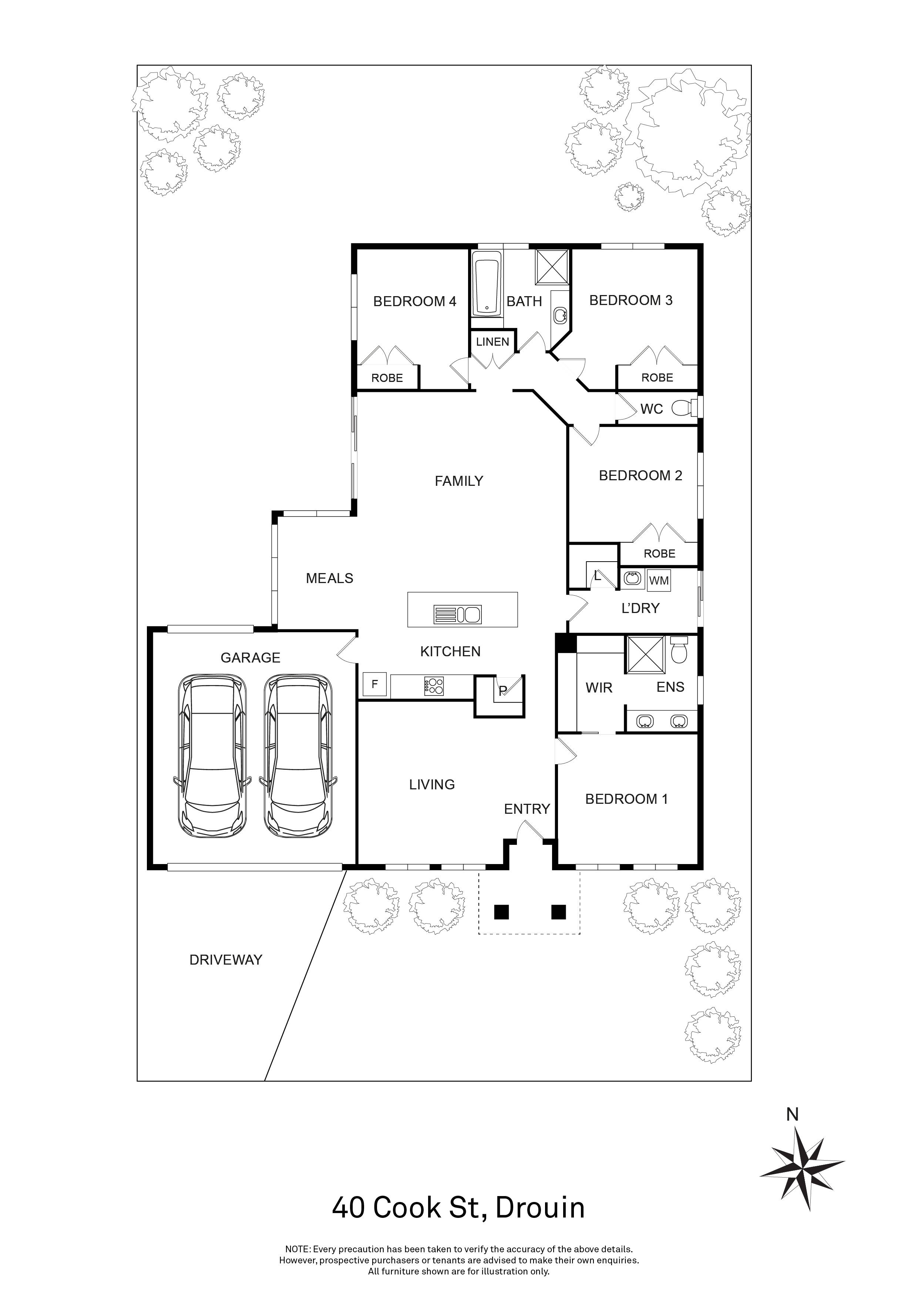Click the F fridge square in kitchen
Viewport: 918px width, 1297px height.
click(374, 684)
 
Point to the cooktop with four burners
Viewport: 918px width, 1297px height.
click(434, 686)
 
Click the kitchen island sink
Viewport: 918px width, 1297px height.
click(457, 614)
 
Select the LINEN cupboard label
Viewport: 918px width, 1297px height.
click(492, 342)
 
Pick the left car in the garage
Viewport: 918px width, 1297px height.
click(212, 756)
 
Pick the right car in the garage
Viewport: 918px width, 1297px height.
click(298, 756)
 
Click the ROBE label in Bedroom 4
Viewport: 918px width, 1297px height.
click(387, 378)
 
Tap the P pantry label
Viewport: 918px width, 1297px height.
click(502, 690)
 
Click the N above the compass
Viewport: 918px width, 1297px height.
click(793, 1114)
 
